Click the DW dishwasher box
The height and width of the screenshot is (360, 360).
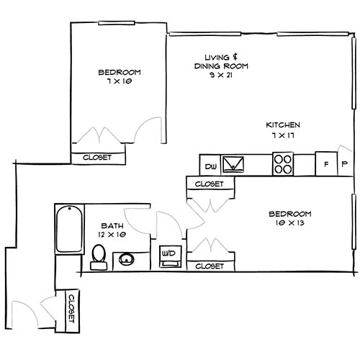click(x=210, y=166)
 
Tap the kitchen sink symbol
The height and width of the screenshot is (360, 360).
click(x=233, y=166)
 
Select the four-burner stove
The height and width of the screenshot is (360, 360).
click(x=283, y=165)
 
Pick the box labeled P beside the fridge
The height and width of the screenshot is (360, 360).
click(x=344, y=165)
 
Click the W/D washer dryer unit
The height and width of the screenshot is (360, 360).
click(x=170, y=255)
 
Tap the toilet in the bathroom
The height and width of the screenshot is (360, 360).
click(x=99, y=257)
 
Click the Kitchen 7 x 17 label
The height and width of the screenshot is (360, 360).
click(x=283, y=130)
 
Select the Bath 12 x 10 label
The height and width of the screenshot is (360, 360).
click(x=112, y=230)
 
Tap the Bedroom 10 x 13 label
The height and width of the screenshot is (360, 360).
click(x=289, y=219)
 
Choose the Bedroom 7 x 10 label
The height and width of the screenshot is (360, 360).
click(x=119, y=77)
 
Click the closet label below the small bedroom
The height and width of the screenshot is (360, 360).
click(x=98, y=158)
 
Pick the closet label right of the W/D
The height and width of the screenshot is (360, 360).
click(x=210, y=266)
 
